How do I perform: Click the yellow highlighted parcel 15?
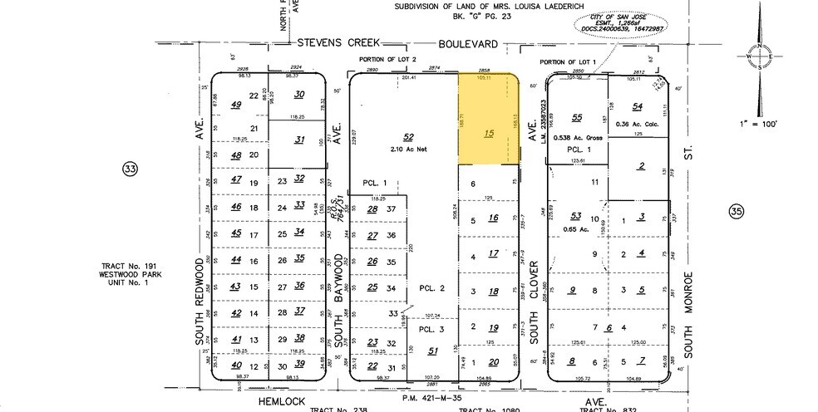pos(489,125)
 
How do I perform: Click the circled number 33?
pos(130,169)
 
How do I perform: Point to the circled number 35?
pos(735,212)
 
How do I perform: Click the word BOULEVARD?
pos(469,43)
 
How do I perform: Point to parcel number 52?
pos(407,136)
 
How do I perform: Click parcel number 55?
pos(577,117)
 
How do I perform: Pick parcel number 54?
pos(638,106)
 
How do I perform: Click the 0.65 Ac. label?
pos(574,227)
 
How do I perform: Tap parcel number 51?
pos(432,351)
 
